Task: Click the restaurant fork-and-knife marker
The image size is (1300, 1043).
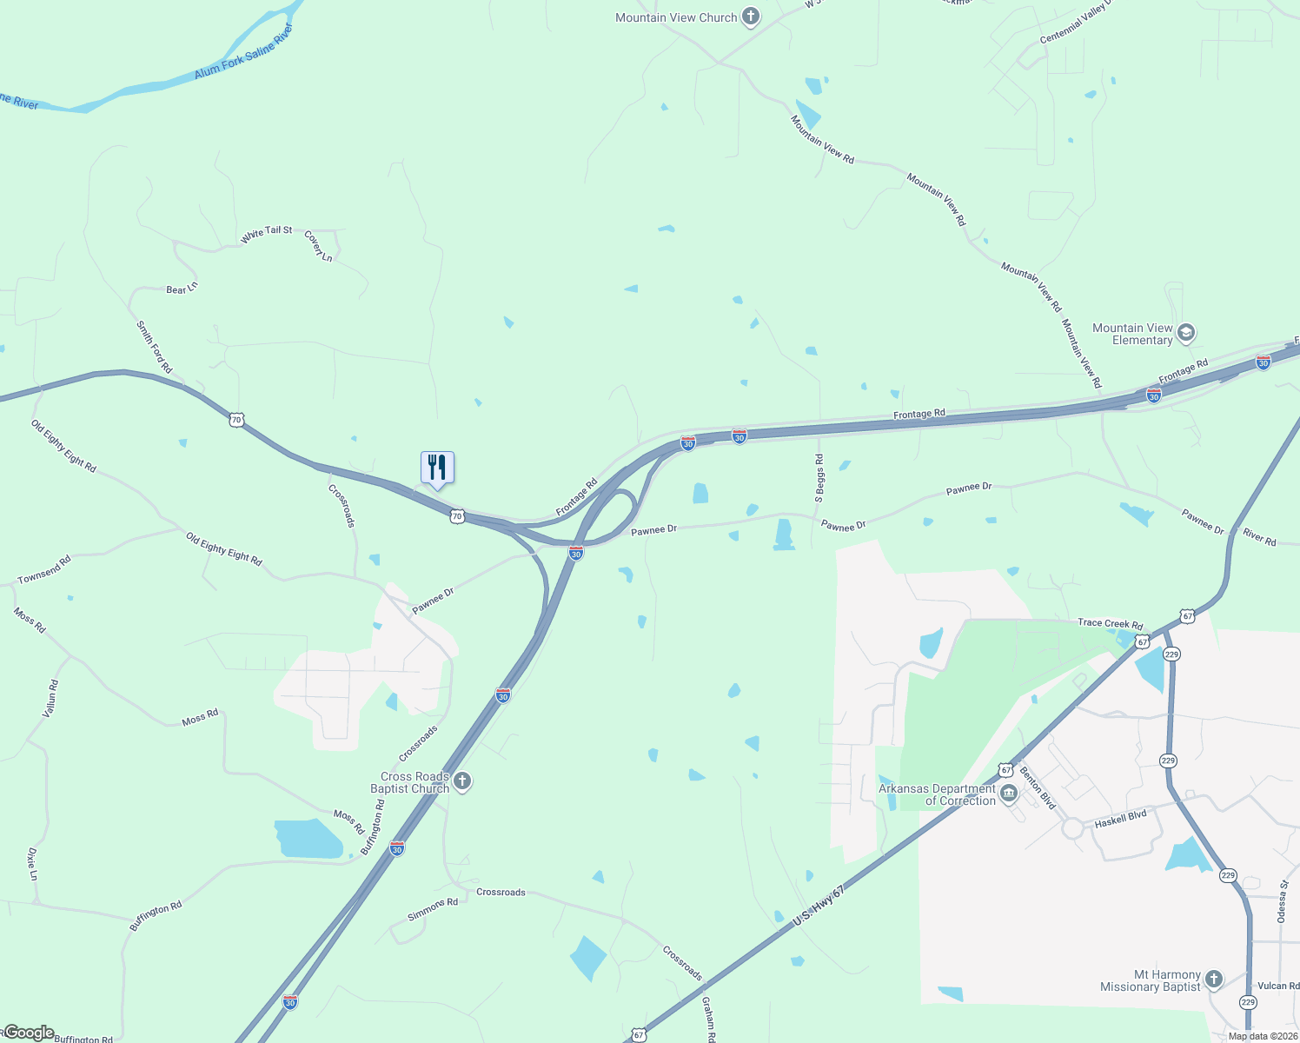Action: (437, 468)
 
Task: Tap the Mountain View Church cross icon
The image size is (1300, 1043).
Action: (751, 17)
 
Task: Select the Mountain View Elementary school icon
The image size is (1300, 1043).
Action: (1186, 334)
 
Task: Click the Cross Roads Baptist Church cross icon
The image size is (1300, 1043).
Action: (462, 781)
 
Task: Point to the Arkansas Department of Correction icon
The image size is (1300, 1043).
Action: (1009, 794)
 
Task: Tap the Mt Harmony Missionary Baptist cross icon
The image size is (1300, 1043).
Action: (1214, 980)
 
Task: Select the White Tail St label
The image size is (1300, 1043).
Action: (267, 233)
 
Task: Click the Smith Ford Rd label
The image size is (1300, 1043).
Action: (154, 347)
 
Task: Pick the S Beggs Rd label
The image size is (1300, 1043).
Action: (819, 478)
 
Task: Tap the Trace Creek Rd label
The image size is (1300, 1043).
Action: (1110, 623)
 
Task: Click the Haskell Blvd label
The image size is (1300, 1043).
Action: (1120, 819)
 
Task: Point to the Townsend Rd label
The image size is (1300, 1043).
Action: (44, 570)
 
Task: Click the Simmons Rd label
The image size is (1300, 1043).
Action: (433, 909)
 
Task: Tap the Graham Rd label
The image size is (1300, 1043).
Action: (708, 1019)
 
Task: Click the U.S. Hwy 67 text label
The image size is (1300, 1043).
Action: (818, 906)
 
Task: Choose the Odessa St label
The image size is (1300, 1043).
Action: (1282, 902)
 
